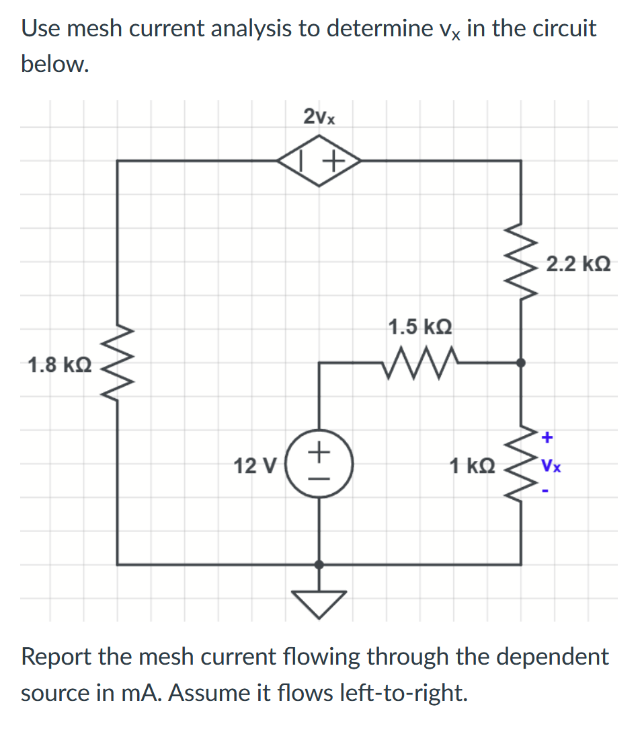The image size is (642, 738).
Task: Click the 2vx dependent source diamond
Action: click(x=319, y=161)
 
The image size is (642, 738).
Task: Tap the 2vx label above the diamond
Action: click(x=319, y=117)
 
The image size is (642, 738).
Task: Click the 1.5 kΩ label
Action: click(x=421, y=328)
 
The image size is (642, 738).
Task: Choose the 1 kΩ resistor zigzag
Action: click(x=521, y=464)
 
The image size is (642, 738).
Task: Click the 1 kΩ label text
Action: click(x=473, y=465)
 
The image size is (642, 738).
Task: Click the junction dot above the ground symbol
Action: click(x=319, y=564)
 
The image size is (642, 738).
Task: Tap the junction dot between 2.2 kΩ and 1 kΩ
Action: click(x=521, y=363)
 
